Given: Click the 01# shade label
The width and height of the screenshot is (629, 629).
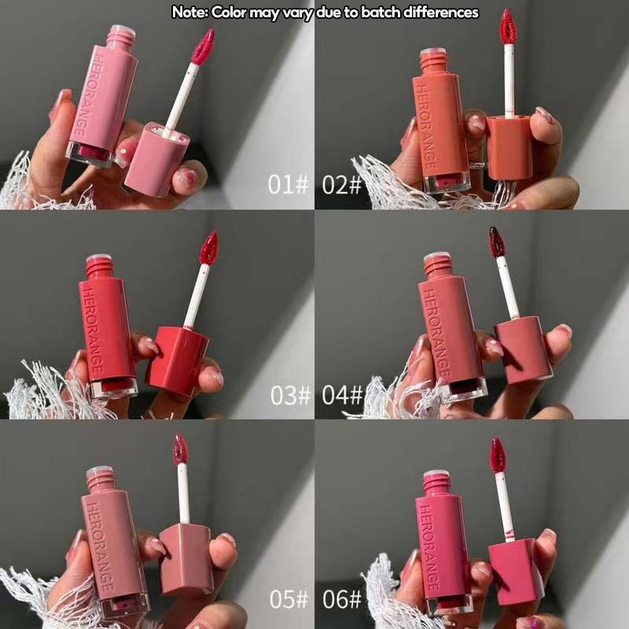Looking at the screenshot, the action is point(288,185).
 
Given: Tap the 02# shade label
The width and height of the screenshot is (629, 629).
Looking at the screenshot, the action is point(341,185).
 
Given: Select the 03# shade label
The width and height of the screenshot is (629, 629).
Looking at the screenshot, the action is point(290,395).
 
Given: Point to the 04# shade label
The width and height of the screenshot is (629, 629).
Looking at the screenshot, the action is point(342,395).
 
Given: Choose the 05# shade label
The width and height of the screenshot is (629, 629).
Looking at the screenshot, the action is point(289,599).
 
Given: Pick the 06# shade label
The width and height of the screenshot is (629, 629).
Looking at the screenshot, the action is point(342,599).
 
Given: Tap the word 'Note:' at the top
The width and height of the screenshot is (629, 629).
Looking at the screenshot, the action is point(189,13).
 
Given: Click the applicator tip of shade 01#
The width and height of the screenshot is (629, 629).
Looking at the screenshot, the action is point(203,46).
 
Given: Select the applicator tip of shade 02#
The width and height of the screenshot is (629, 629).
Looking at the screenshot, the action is point(508,27).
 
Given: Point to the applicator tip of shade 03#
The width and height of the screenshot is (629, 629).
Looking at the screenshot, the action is point(208,248).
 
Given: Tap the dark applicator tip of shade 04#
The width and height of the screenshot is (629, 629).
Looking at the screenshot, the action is point(497,242).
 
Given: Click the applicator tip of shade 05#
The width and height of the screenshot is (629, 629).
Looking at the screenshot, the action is point(180,449).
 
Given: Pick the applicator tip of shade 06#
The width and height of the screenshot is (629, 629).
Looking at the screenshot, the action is point(498,454).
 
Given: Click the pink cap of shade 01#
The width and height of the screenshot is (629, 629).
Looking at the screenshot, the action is point(156,160).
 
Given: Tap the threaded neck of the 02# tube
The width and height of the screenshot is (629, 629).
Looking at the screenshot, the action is point(433,62).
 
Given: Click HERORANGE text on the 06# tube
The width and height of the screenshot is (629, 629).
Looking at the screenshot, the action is point(429,546).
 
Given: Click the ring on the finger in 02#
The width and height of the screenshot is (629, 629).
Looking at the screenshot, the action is point(476,165).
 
